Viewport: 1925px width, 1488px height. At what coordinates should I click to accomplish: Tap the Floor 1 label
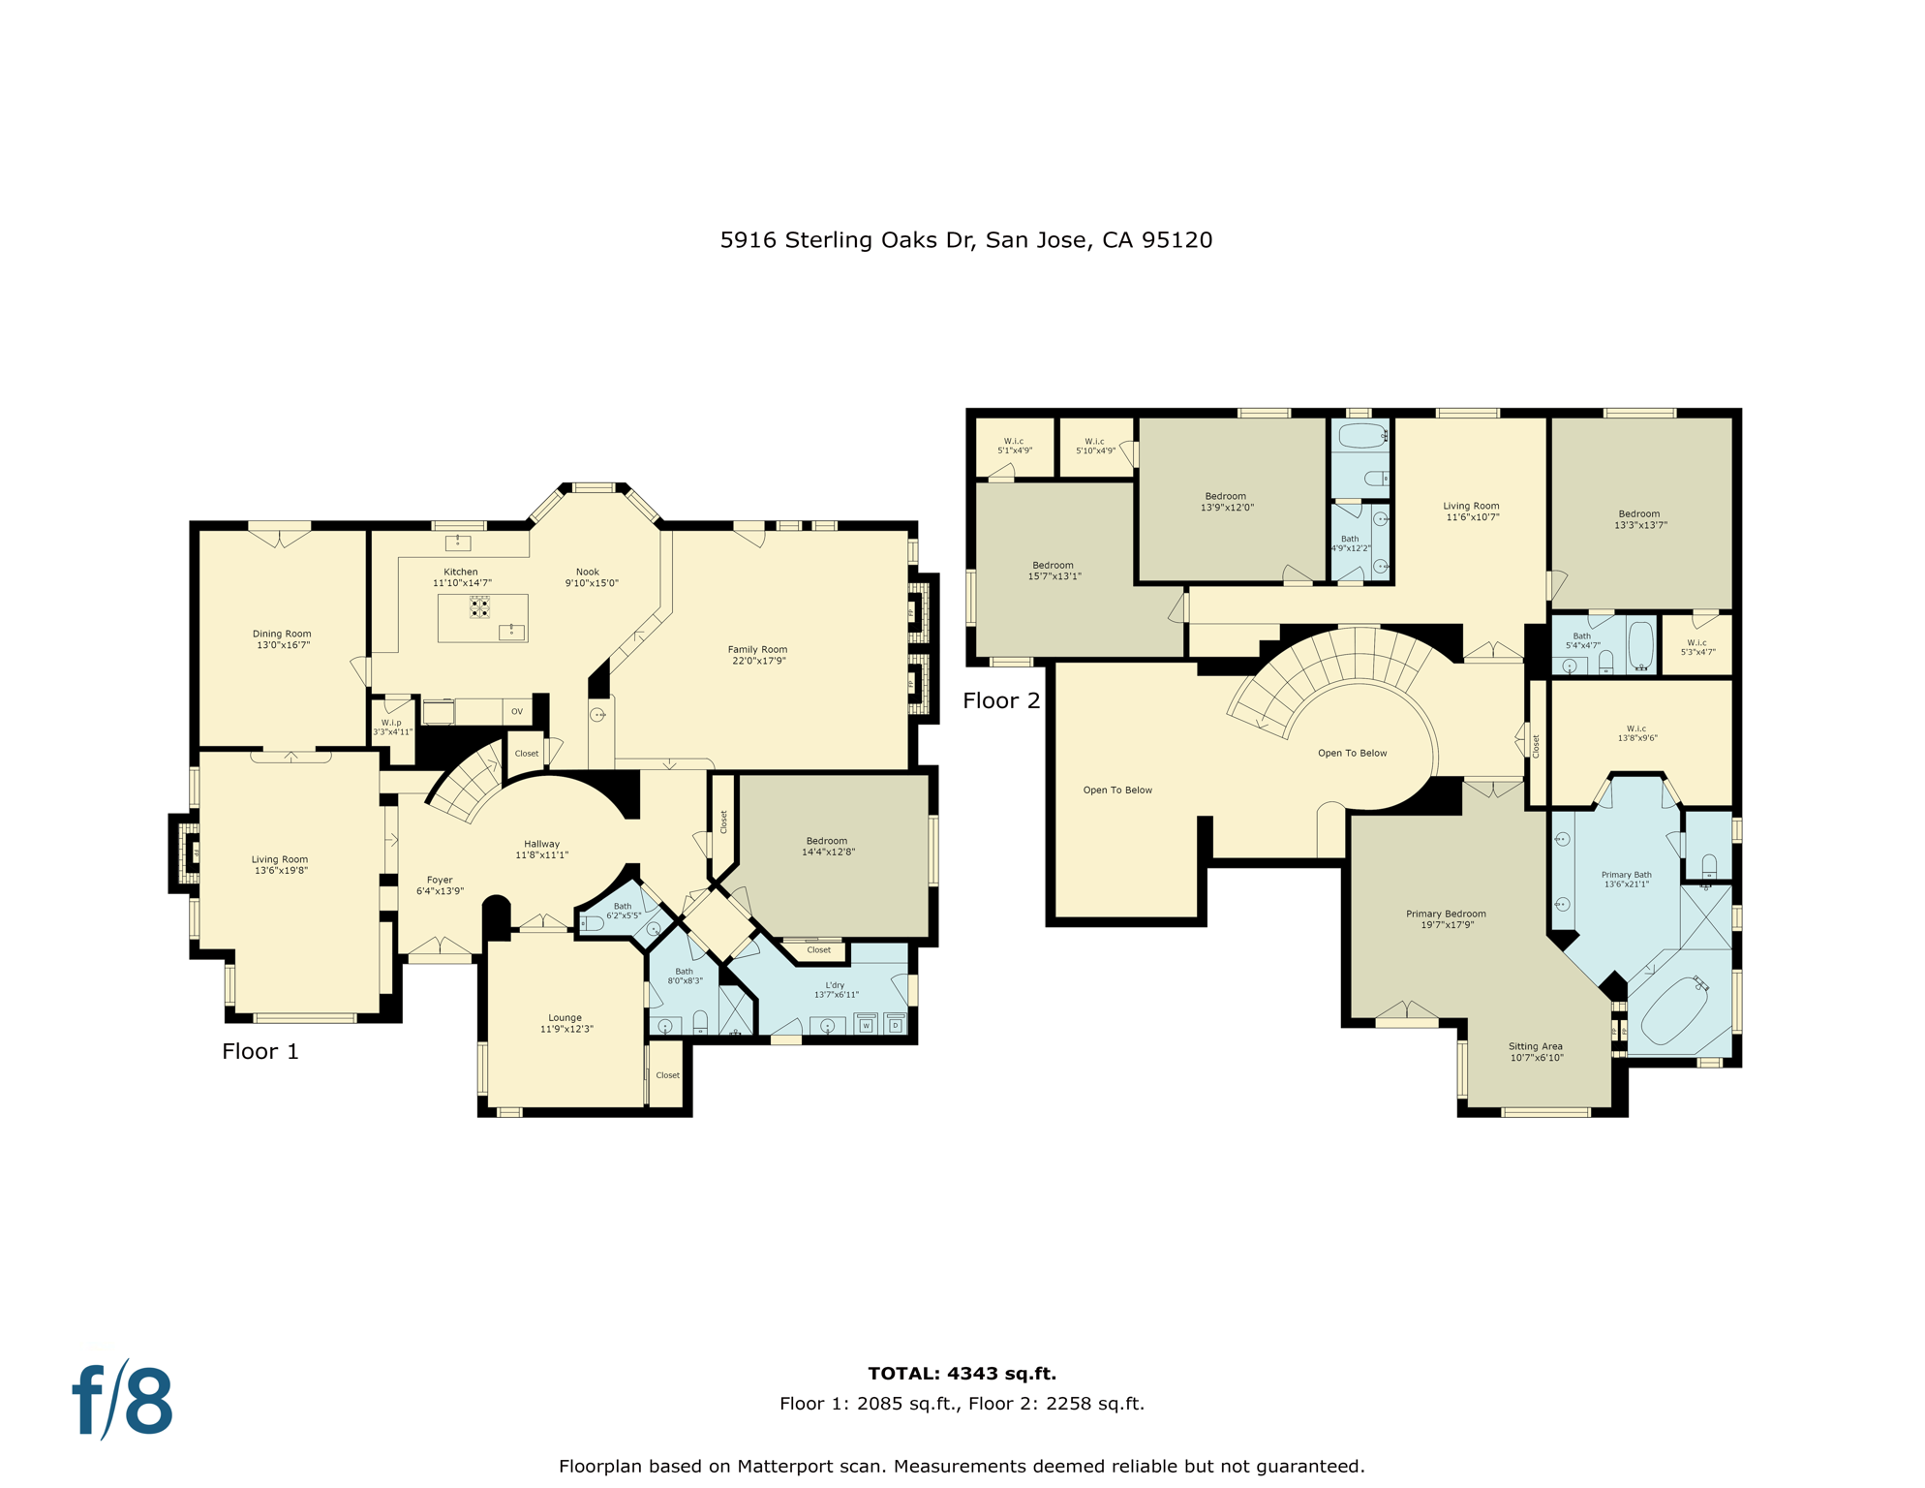click(x=260, y=1051)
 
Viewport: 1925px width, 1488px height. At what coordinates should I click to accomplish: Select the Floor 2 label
click(x=1000, y=700)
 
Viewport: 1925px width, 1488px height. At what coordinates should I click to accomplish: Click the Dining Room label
click(x=282, y=639)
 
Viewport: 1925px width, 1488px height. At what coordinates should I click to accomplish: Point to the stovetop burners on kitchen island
click(x=479, y=607)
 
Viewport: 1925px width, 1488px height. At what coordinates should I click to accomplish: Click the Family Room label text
click(x=757, y=655)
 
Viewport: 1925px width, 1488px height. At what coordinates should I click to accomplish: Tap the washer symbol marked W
click(x=866, y=1024)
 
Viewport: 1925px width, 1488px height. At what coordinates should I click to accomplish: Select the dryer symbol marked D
click(x=895, y=1024)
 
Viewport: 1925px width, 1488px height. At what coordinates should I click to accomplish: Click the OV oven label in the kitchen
click(x=517, y=711)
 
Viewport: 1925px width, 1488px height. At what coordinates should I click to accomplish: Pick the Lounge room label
click(x=565, y=1023)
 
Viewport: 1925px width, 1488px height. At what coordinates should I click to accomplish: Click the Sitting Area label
click(x=1536, y=1051)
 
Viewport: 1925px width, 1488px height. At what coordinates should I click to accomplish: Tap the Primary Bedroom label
click(x=1446, y=918)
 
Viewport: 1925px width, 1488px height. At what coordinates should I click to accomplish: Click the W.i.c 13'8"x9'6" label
click(x=1636, y=733)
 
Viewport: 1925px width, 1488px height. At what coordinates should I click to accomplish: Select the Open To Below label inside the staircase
click(x=1352, y=753)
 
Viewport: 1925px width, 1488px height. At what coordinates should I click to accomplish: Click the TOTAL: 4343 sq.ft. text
click(x=962, y=1373)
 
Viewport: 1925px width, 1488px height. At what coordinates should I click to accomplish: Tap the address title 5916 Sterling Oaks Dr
click(x=965, y=239)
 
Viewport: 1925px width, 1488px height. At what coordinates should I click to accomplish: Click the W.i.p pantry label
click(x=392, y=727)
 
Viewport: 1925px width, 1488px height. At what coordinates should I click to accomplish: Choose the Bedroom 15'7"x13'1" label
click(x=1054, y=571)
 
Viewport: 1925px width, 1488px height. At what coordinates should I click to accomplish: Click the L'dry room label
click(x=836, y=989)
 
